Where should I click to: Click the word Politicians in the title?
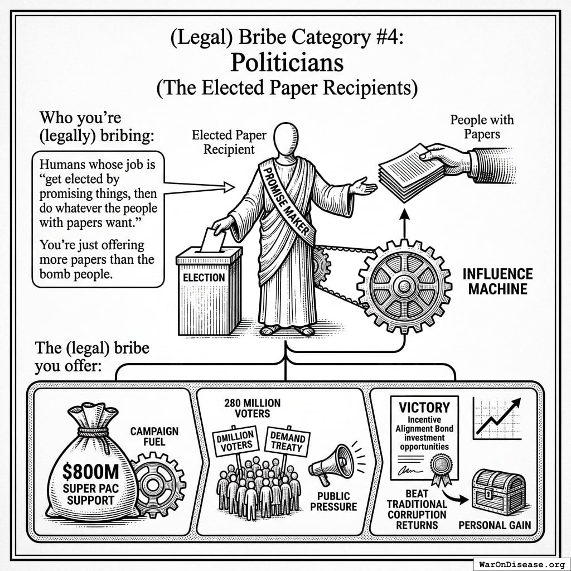tap(287, 63)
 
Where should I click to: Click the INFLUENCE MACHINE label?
tap(497, 282)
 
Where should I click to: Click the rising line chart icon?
tap(496, 418)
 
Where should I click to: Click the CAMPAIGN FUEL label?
tap(154, 437)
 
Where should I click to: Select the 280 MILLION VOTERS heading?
tap(252, 408)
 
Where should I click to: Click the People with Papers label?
tap(482, 127)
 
